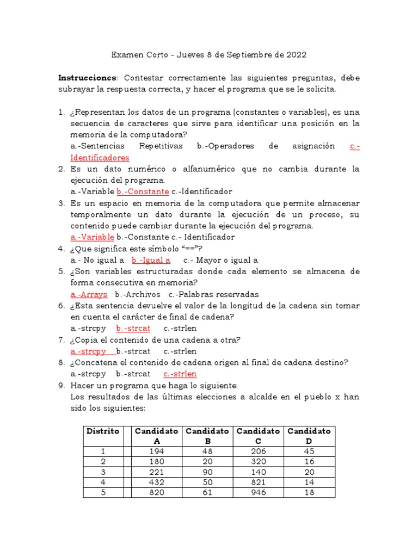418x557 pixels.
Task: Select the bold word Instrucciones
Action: coord(87,78)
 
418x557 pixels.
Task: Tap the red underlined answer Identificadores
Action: coord(100,158)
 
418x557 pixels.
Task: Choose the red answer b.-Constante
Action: coord(143,191)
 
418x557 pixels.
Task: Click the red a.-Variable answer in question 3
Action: coord(93,237)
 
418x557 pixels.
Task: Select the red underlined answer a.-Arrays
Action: coord(89,294)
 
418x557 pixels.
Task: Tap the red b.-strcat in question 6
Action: coord(133,329)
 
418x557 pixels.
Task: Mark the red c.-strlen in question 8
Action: coord(180,374)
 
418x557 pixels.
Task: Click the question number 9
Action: coord(62,385)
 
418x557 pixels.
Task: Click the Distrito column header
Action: coord(103,431)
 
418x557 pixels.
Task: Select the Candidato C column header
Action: coord(259,436)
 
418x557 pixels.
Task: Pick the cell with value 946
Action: coord(259,492)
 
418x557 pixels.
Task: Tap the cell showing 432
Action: coord(157,482)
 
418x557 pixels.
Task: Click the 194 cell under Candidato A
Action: coord(157,451)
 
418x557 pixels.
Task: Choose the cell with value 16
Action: coord(309,461)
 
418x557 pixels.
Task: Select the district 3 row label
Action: coord(103,472)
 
